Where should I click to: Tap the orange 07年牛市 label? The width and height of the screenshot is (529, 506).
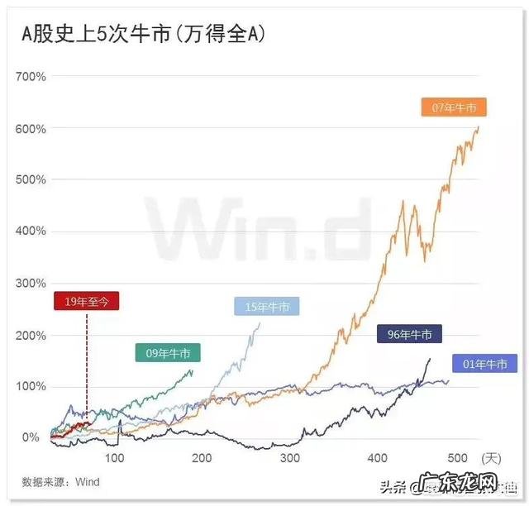(x=454, y=107)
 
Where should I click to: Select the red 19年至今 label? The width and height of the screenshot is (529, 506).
(x=86, y=301)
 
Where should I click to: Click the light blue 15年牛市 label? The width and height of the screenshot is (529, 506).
(x=267, y=307)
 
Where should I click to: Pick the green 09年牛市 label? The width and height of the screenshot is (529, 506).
(x=168, y=353)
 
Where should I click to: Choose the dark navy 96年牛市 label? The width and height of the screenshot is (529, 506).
(x=409, y=335)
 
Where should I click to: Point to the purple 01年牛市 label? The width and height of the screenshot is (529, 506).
(x=485, y=364)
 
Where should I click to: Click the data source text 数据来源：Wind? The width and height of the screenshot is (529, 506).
(x=60, y=481)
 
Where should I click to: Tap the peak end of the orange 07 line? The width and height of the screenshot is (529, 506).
(x=479, y=126)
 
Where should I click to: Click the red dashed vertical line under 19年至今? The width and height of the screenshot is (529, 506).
(x=87, y=364)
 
